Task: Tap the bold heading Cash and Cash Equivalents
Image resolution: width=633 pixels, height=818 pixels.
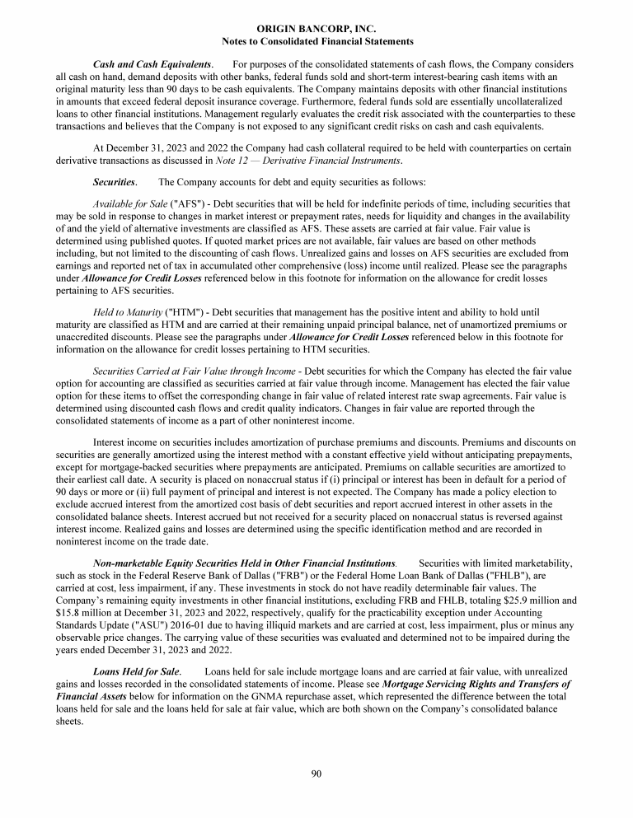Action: [152, 64]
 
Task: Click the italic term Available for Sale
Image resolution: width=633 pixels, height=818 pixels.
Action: [129, 203]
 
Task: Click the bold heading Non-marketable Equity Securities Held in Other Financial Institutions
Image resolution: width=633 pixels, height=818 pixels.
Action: [244, 562]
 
